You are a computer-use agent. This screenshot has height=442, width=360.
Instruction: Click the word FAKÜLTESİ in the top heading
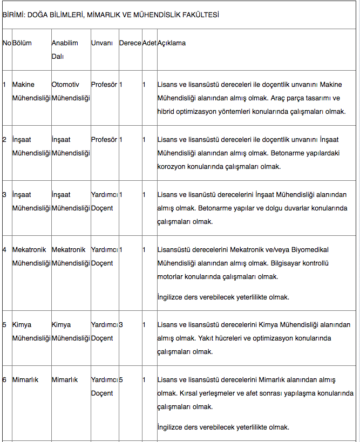point(201,15)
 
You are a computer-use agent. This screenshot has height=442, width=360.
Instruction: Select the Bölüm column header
point(22,43)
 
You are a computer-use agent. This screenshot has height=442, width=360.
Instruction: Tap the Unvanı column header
point(102,43)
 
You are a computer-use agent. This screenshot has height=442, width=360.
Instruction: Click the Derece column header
point(130,43)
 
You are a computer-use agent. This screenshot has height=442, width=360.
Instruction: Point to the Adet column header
point(149,43)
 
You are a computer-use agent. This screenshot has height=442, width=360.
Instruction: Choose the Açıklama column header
point(172,43)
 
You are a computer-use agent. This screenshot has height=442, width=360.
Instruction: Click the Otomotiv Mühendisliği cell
point(71,92)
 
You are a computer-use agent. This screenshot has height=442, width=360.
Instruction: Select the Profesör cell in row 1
point(104,85)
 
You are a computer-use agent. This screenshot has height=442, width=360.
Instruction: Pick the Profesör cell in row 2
point(104,140)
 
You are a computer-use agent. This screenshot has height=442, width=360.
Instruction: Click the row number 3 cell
point(4,195)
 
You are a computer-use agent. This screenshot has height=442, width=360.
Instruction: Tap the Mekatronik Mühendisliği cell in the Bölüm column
point(31,256)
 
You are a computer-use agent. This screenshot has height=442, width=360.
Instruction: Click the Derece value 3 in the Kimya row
point(121,325)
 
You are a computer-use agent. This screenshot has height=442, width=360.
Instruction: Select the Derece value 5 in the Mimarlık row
point(121,380)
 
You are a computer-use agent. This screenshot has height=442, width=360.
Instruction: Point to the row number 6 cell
point(4,380)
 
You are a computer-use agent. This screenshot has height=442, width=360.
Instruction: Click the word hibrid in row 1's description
point(167,112)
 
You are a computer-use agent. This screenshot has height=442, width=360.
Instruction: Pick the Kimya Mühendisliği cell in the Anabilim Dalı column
point(71,331)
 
